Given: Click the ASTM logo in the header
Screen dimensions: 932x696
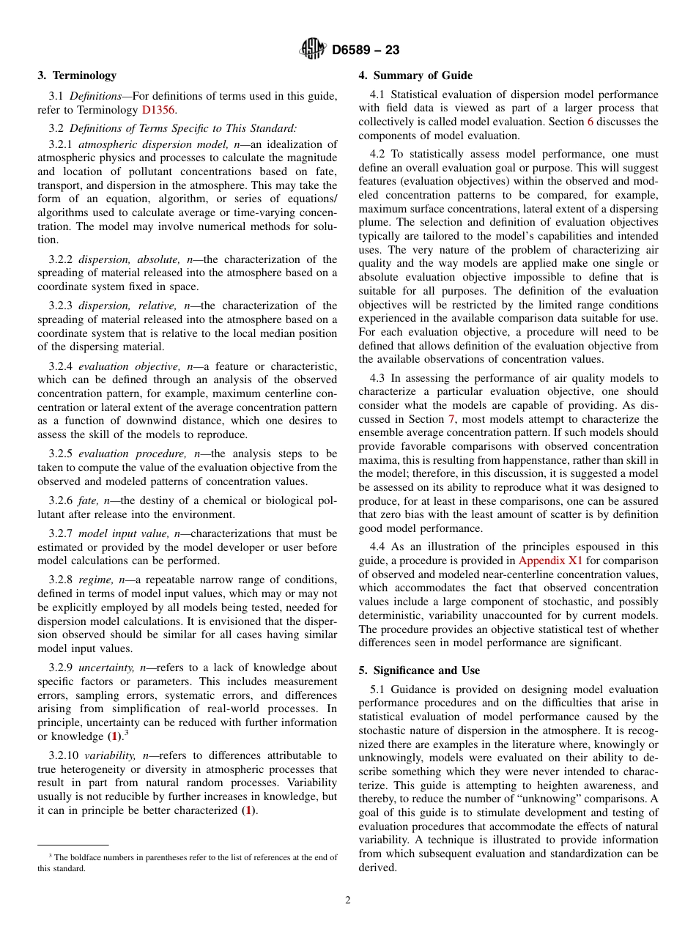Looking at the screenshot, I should (x=313, y=50).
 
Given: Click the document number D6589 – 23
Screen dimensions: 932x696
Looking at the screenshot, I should (x=366, y=51).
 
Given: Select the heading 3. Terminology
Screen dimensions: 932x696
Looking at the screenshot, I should (x=77, y=75).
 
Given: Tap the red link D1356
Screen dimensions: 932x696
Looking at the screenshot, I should (x=158, y=110).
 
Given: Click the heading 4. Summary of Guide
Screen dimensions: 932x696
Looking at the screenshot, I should (x=415, y=75).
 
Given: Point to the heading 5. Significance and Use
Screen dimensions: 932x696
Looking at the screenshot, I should (x=419, y=670).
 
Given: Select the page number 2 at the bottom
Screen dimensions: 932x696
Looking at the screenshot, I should (x=348, y=900).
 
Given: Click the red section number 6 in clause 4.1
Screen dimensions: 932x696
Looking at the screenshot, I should (x=591, y=122).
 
